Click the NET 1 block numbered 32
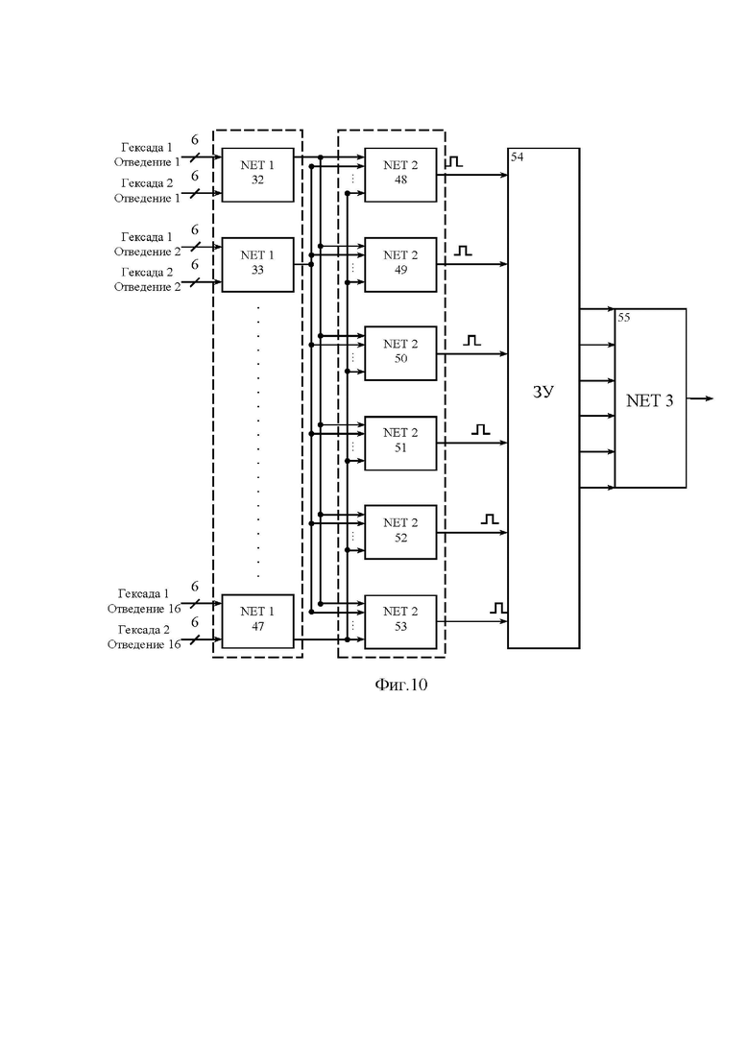point(258,174)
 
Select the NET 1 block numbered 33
point(258,264)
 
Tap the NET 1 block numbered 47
point(258,621)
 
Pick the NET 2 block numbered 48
point(400,174)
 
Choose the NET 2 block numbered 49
point(400,264)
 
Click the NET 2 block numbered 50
point(400,353)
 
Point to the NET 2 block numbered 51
point(400,443)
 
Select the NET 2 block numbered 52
point(400,532)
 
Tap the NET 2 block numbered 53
point(400,621)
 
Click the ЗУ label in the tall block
point(543,392)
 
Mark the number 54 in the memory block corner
point(517,156)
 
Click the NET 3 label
point(650,400)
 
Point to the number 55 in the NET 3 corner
point(623,318)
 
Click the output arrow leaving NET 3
point(700,398)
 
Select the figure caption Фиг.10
point(401,685)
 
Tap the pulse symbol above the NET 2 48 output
point(454,162)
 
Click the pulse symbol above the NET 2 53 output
point(498,608)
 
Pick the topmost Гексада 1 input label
point(147,147)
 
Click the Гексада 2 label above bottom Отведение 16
point(144,630)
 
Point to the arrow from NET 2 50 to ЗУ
point(472,354)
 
